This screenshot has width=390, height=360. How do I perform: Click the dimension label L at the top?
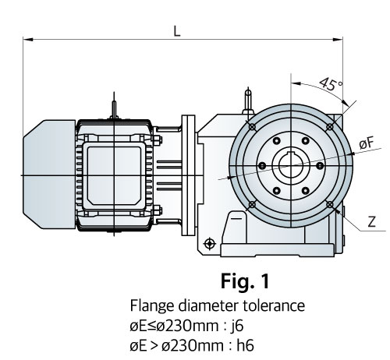[x=177, y=31]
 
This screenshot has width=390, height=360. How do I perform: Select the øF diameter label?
[x=367, y=143]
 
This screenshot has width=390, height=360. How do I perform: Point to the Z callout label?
[x=372, y=222]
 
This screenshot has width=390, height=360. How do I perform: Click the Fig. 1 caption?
[x=245, y=281]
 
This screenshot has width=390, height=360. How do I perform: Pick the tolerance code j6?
[x=237, y=325]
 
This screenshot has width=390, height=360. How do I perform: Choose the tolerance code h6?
[x=245, y=346]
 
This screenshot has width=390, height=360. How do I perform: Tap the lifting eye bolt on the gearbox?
[x=248, y=101]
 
